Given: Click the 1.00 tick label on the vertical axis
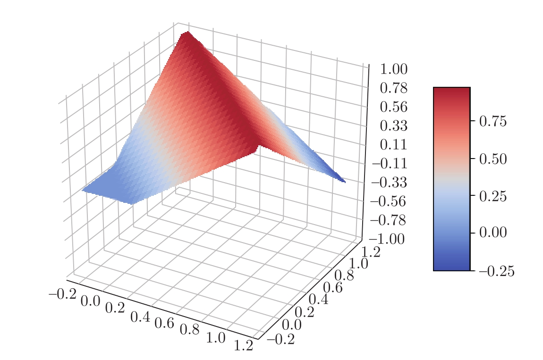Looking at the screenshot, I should pyautogui.click(x=393, y=70).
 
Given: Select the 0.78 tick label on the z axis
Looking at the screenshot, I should pyautogui.click(x=393, y=88).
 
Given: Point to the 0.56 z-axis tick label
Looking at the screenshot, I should pyautogui.click(x=393, y=107).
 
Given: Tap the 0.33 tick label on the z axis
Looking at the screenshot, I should pyautogui.click(x=393, y=126).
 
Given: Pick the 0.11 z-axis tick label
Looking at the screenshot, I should pyautogui.click(x=393, y=145).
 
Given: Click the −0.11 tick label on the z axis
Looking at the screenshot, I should pyautogui.click(x=390, y=164).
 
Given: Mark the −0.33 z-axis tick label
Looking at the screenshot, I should pyautogui.click(x=390, y=183).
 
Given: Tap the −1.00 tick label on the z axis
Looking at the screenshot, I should pyautogui.click(x=387, y=239).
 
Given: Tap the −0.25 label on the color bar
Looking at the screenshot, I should pyautogui.click(x=496, y=271).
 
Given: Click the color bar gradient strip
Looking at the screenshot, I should pyautogui.click(x=451, y=179).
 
